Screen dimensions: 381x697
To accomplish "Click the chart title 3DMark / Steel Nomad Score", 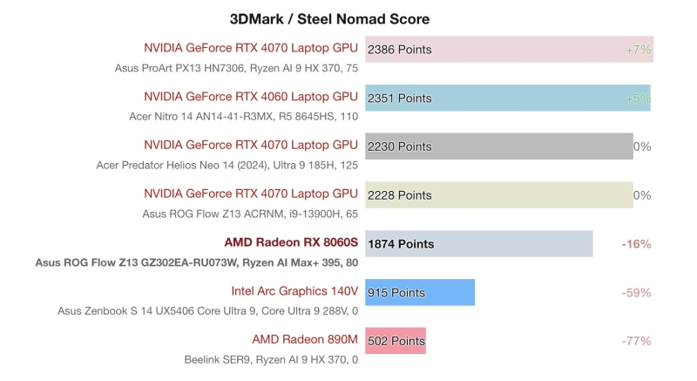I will click(x=329, y=18).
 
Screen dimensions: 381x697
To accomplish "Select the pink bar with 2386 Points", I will click(x=509, y=50).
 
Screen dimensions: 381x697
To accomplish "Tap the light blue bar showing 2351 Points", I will click(x=507, y=99).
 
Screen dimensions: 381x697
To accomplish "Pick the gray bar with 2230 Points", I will click(x=498, y=146).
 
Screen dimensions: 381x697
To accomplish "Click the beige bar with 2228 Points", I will click(x=498, y=195).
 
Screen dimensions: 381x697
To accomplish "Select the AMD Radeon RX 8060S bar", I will click(x=479, y=244).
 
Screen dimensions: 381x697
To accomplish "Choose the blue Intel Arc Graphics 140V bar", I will click(x=420, y=293).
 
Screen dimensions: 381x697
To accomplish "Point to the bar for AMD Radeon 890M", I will click(x=396, y=341).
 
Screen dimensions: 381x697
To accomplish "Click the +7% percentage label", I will click(x=638, y=50).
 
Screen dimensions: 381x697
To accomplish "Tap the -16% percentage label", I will click(x=636, y=244).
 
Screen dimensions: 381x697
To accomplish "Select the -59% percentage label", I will click(x=636, y=293).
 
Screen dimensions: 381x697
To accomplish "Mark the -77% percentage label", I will click(x=636, y=341).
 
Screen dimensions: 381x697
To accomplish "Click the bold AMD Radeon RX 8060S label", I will click(x=291, y=242).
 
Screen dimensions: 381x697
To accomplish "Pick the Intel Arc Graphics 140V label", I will click(x=294, y=290).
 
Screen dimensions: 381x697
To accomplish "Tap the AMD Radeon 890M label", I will click(x=305, y=338).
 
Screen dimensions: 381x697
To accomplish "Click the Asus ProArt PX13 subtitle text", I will click(x=236, y=68).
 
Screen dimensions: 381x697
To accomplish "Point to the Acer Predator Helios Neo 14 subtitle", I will click(x=227, y=165).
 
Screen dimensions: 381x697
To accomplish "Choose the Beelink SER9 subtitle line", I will click(x=271, y=359).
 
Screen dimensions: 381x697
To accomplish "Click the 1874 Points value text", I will click(x=401, y=244).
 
